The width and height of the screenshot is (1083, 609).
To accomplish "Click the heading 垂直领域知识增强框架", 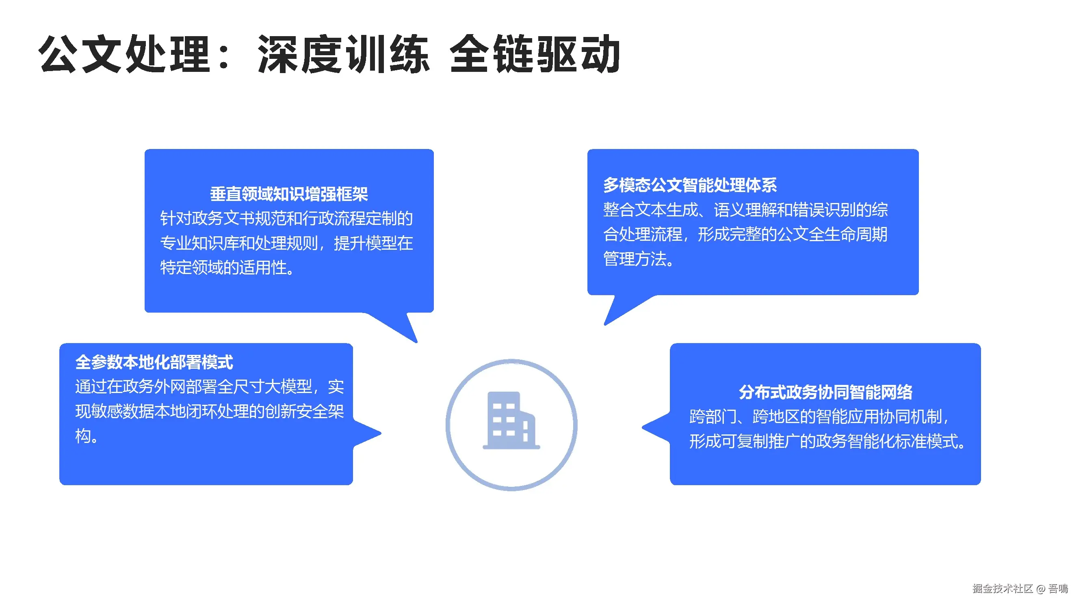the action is [289, 194].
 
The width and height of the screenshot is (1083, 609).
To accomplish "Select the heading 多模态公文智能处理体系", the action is [690, 185].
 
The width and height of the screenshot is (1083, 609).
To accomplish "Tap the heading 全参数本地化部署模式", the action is [154, 362].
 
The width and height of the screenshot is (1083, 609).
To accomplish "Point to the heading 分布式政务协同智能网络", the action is [825, 392].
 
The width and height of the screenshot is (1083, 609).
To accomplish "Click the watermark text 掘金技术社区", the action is [1002, 588].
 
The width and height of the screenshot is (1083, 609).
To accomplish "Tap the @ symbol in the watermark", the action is [1041, 589].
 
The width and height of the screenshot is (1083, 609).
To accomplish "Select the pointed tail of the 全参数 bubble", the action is [370, 433].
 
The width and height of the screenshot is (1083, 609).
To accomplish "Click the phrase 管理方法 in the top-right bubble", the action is [635, 259].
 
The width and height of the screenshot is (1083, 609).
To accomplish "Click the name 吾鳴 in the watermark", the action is [1058, 588].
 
